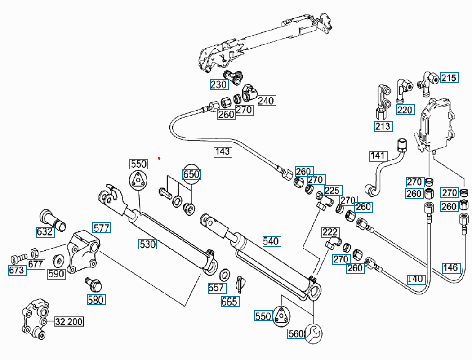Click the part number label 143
[223, 151]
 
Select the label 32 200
[69, 322]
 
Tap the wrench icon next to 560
[313, 333]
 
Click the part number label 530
[147, 244]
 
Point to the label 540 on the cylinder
[271, 241]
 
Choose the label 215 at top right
[448, 78]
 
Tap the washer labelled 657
[225, 274]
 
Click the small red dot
[159, 158]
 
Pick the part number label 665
[229, 302]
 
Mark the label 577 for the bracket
[102, 228]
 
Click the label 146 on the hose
[450, 268]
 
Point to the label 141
[378, 156]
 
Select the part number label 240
[266, 101]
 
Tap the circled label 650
[191, 174]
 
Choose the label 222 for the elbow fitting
[330, 232]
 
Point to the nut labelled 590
[58, 260]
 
